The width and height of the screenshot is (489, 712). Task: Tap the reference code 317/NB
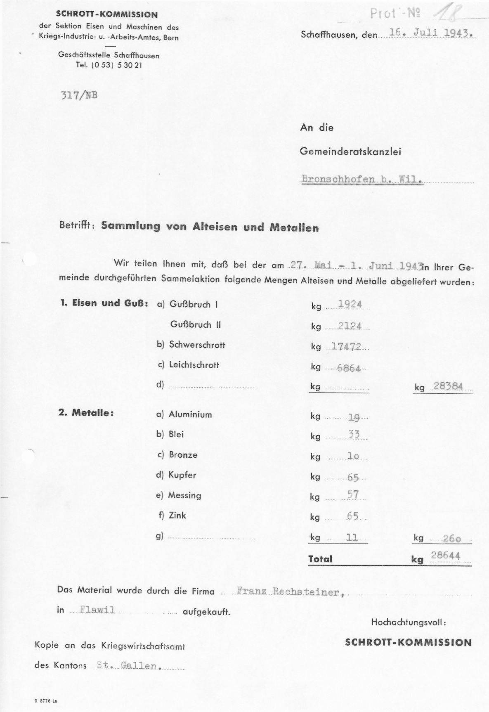[79, 95]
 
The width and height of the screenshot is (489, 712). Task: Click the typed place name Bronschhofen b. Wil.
[362, 179]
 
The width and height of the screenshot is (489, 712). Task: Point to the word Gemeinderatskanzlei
[350, 151]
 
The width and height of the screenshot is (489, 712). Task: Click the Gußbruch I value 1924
[350, 304]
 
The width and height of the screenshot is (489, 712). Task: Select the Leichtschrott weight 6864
[349, 368]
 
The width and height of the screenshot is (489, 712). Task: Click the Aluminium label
[190, 414]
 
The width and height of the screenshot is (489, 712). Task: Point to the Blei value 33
[354, 434]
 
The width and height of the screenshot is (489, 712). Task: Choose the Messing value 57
[353, 494]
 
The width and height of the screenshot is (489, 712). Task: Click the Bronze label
[183, 455]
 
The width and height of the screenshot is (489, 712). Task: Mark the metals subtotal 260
[451, 539]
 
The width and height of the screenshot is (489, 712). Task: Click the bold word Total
[320, 559]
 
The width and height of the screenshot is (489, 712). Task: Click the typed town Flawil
[97, 610]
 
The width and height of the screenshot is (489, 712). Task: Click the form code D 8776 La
[46, 700]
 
